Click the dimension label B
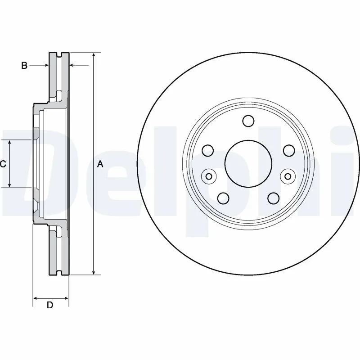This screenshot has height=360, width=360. tap(24, 66)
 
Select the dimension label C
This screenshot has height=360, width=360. tap(3, 164)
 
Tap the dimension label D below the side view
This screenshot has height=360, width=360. tap(50, 305)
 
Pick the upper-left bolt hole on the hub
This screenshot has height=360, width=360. tap(207, 150)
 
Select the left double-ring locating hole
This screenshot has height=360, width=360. tap(208, 176)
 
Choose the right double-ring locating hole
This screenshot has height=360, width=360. tap(287, 176)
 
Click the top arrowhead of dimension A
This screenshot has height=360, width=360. tap(94, 55)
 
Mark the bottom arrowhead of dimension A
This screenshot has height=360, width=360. tap(94, 271)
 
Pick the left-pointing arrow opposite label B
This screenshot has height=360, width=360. tap(72, 66)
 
